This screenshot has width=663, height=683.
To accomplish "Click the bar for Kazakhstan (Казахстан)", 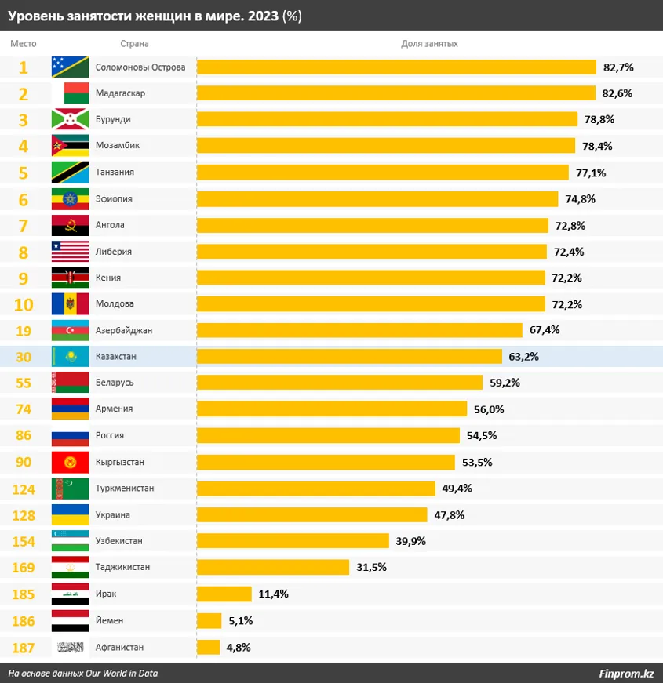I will click(349, 356).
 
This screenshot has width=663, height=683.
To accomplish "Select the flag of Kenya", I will click(70, 278).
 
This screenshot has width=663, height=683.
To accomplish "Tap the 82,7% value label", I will click(618, 67).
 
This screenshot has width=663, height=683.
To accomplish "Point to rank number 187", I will click(24, 647).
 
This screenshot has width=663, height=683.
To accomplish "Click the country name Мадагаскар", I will click(120, 93).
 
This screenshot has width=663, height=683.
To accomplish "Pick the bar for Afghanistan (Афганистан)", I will click(208, 647).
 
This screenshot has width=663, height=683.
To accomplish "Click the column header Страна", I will click(135, 44).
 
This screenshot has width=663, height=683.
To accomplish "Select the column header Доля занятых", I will click(429, 44).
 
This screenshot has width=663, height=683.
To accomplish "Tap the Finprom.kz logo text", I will click(626, 673).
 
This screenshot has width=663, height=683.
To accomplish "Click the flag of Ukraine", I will click(70, 515).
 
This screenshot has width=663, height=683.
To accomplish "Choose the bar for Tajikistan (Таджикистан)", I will click(272, 567).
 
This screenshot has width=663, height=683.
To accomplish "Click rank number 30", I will click(24, 356).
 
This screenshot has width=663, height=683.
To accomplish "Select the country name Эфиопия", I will click(114, 198).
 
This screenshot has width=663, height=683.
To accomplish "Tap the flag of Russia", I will click(70, 435).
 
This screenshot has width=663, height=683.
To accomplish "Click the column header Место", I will click(24, 44).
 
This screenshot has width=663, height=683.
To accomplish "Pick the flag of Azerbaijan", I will click(70, 330).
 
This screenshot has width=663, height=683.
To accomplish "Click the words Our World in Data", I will click(129, 673).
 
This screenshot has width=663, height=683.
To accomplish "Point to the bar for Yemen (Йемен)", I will click(209, 620).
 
